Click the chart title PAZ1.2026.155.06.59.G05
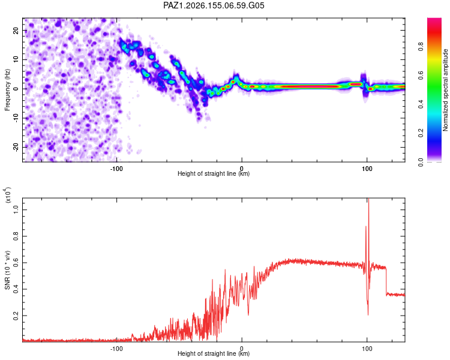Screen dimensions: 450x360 coord(214,5)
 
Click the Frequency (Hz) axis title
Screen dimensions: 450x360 coord(7,90)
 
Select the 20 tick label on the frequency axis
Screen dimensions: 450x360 coord(16,31)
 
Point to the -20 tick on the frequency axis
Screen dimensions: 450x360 coord(16,147)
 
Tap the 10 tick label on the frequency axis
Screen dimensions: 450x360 coord(16,59)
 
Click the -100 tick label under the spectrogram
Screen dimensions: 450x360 coord(116,169)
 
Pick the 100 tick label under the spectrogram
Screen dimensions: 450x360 coord(367,169)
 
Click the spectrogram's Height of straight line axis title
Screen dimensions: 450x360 coord(214,173)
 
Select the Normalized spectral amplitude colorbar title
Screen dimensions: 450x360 coord(445,90)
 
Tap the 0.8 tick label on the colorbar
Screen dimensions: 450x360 coord(421,47)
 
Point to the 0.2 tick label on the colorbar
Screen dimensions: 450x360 coord(421,133)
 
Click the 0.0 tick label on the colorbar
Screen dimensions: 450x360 coord(421,162)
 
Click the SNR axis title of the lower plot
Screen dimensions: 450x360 coord(7,270)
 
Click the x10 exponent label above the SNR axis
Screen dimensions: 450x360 coord(8,195)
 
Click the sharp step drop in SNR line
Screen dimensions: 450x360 coord(386,281)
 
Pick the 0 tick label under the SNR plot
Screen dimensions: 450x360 coord(242,349)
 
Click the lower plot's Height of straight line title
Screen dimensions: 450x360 coord(214,353)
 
